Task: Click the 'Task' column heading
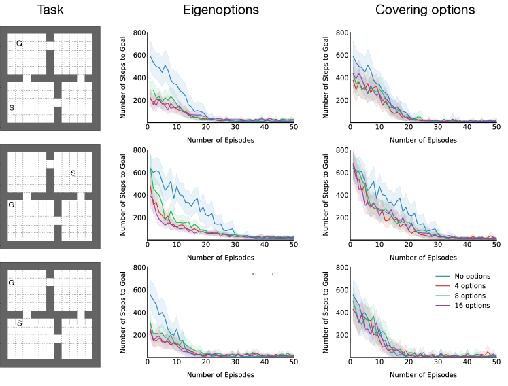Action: pos(50,11)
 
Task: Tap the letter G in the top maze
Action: pos(19,43)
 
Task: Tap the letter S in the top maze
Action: pos(12,108)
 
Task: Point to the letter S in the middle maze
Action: pos(73,173)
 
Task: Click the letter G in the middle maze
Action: pos(11,205)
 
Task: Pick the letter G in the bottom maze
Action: pos(11,283)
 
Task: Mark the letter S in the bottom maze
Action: pos(20,323)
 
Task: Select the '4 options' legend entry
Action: pos(469,286)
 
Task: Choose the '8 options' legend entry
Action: pos(469,296)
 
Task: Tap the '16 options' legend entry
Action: pos(471,306)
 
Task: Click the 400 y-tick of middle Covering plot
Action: pos(340,195)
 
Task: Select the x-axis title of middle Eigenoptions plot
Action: pos(220,258)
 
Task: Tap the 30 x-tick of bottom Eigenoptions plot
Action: pos(235,363)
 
